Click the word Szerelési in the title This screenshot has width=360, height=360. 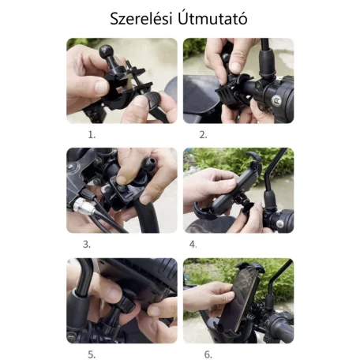tap(141, 19)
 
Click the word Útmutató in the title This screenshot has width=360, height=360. tap(212, 19)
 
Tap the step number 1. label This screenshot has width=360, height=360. tap(92, 135)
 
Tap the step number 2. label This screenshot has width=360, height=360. tap(203, 135)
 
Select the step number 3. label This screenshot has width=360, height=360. tap(87, 245)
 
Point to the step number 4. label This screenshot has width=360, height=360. tap(193, 245)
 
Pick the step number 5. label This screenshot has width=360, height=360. tap(92, 354)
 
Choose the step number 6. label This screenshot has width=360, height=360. tap(208, 354)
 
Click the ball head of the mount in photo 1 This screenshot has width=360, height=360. tap(106, 51)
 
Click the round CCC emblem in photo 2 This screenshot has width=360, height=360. tap(276, 100)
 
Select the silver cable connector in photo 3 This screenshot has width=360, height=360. tap(83, 205)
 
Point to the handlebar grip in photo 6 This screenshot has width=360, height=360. tap(282, 325)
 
